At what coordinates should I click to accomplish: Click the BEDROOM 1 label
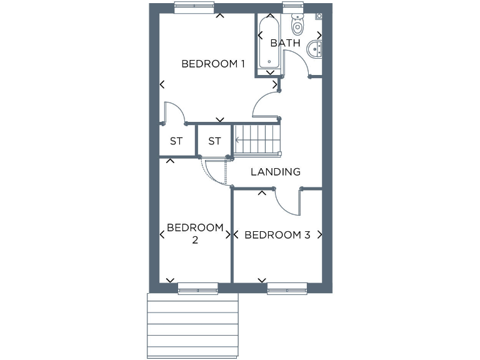(x=212, y=64)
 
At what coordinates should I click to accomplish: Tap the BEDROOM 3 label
(x=277, y=235)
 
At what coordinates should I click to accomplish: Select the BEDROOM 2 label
(x=195, y=233)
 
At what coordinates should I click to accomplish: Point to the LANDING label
(x=276, y=172)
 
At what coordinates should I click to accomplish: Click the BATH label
(x=285, y=43)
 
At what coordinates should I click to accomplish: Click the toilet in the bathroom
(x=297, y=24)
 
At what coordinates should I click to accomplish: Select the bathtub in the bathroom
(x=269, y=42)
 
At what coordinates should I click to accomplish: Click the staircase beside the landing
(x=257, y=139)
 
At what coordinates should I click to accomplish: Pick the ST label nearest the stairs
(x=215, y=141)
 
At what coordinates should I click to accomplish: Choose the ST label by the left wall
(x=176, y=141)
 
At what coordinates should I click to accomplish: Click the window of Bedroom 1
(x=194, y=7)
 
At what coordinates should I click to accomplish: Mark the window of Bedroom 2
(x=197, y=288)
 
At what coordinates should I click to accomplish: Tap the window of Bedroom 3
(x=287, y=288)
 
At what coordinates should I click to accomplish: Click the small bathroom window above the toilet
(x=292, y=7)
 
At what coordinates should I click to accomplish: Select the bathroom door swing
(x=297, y=62)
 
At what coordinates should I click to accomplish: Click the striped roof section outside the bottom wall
(x=193, y=325)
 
